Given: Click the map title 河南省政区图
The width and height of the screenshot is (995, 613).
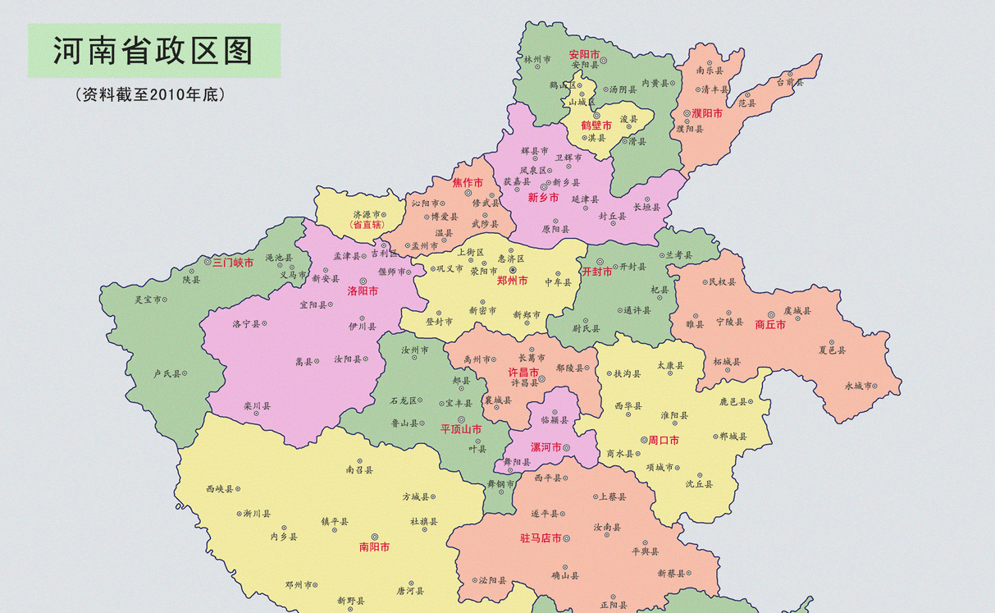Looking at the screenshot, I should tap(153, 50).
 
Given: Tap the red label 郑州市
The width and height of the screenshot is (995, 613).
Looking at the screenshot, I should tap(512, 280).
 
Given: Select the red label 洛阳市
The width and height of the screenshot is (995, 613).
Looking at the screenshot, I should tap(363, 290).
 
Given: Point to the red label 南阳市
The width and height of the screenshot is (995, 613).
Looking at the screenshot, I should tap(374, 547).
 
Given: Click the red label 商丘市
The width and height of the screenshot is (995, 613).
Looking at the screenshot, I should tap(769, 324).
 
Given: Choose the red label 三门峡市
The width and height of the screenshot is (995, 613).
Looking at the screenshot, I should tap(233, 263).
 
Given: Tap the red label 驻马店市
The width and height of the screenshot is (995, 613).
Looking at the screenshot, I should tap(541, 538).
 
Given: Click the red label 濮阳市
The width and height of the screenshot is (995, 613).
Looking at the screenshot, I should tap(706, 113).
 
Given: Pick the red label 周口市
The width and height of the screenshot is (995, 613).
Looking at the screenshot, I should tap(663, 440).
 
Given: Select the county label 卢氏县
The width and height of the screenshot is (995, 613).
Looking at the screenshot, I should tap(167, 373).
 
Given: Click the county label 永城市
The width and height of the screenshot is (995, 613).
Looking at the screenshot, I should tap(858, 385).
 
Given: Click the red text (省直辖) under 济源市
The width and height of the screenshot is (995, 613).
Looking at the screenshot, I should tap(367, 224).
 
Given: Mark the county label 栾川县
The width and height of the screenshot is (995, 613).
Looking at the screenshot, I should tap(257, 405).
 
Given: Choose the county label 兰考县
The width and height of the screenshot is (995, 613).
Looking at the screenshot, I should tap(678, 255).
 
